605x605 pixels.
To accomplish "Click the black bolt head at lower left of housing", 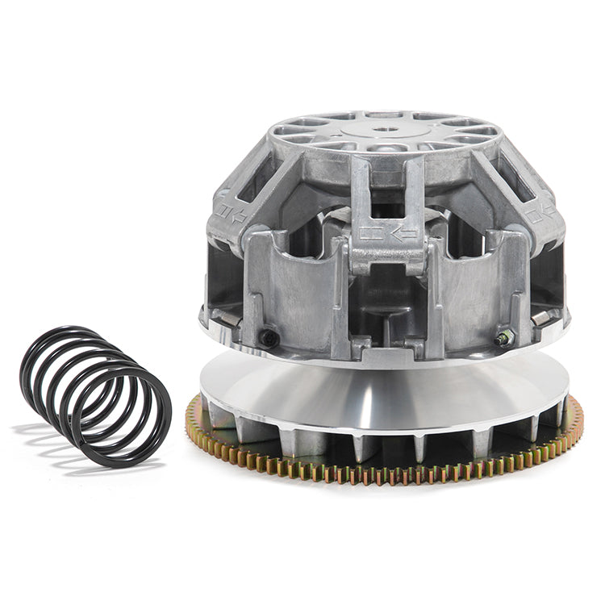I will [x=269, y=337].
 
